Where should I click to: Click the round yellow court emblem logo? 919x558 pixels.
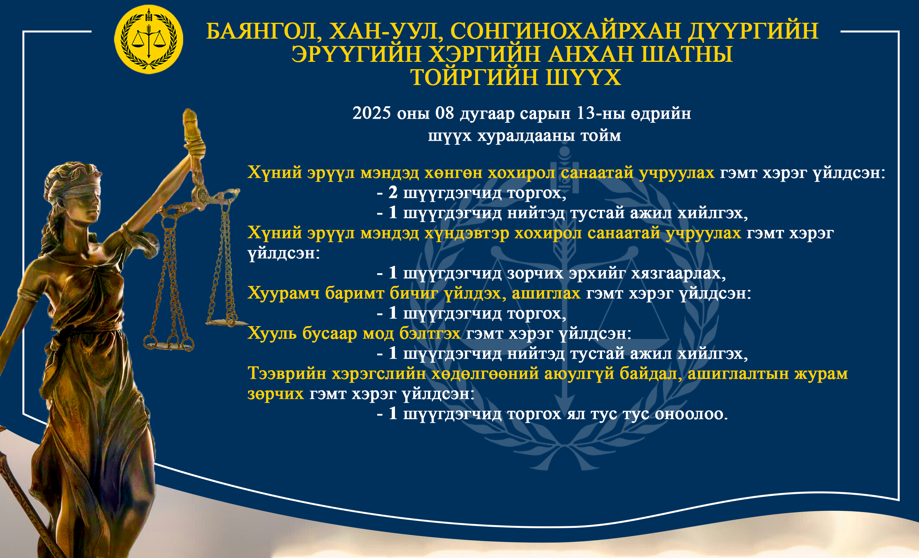click(x=149, y=39)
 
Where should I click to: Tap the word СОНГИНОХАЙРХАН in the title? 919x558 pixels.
click(x=565, y=31)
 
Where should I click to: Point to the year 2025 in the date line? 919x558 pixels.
click(x=371, y=113)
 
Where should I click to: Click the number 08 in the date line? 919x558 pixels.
click(x=444, y=113)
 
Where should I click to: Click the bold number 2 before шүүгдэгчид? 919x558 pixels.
click(x=393, y=192)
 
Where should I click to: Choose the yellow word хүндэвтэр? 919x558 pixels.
click(x=467, y=233)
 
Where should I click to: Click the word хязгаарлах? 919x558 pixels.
click(x=678, y=273)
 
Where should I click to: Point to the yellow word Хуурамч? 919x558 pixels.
click(x=283, y=293)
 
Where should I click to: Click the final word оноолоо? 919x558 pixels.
click(x=691, y=414)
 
